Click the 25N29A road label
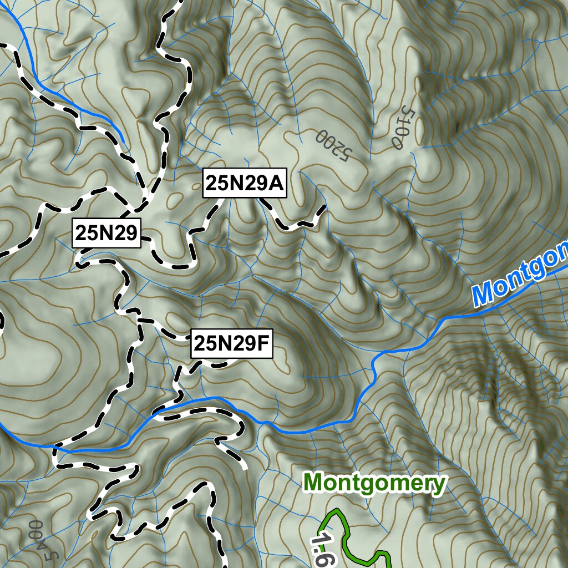click(x=245, y=182)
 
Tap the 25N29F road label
click(x=231, y=344)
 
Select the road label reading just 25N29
click(x=106, y=234)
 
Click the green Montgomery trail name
click(x=374, y=483)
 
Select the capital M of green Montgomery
click(x=315, y=483)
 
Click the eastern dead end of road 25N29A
click(x=324, y=207)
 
